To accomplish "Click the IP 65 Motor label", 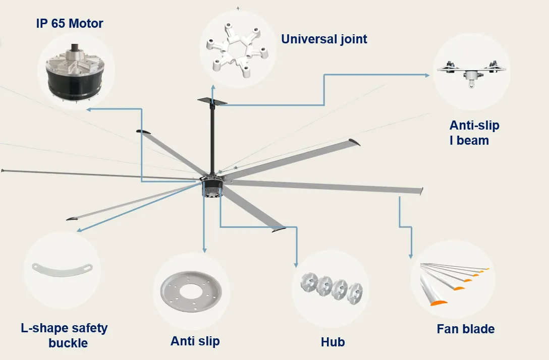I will [69, 23].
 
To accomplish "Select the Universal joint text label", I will [324, 39].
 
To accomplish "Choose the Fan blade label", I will [465, 329].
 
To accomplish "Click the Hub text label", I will [333, 342].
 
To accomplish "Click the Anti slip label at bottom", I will [195, 341].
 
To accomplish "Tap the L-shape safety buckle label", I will [64, 335].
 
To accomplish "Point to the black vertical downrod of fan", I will [212, 136].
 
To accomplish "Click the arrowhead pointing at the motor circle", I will [88, 109].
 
